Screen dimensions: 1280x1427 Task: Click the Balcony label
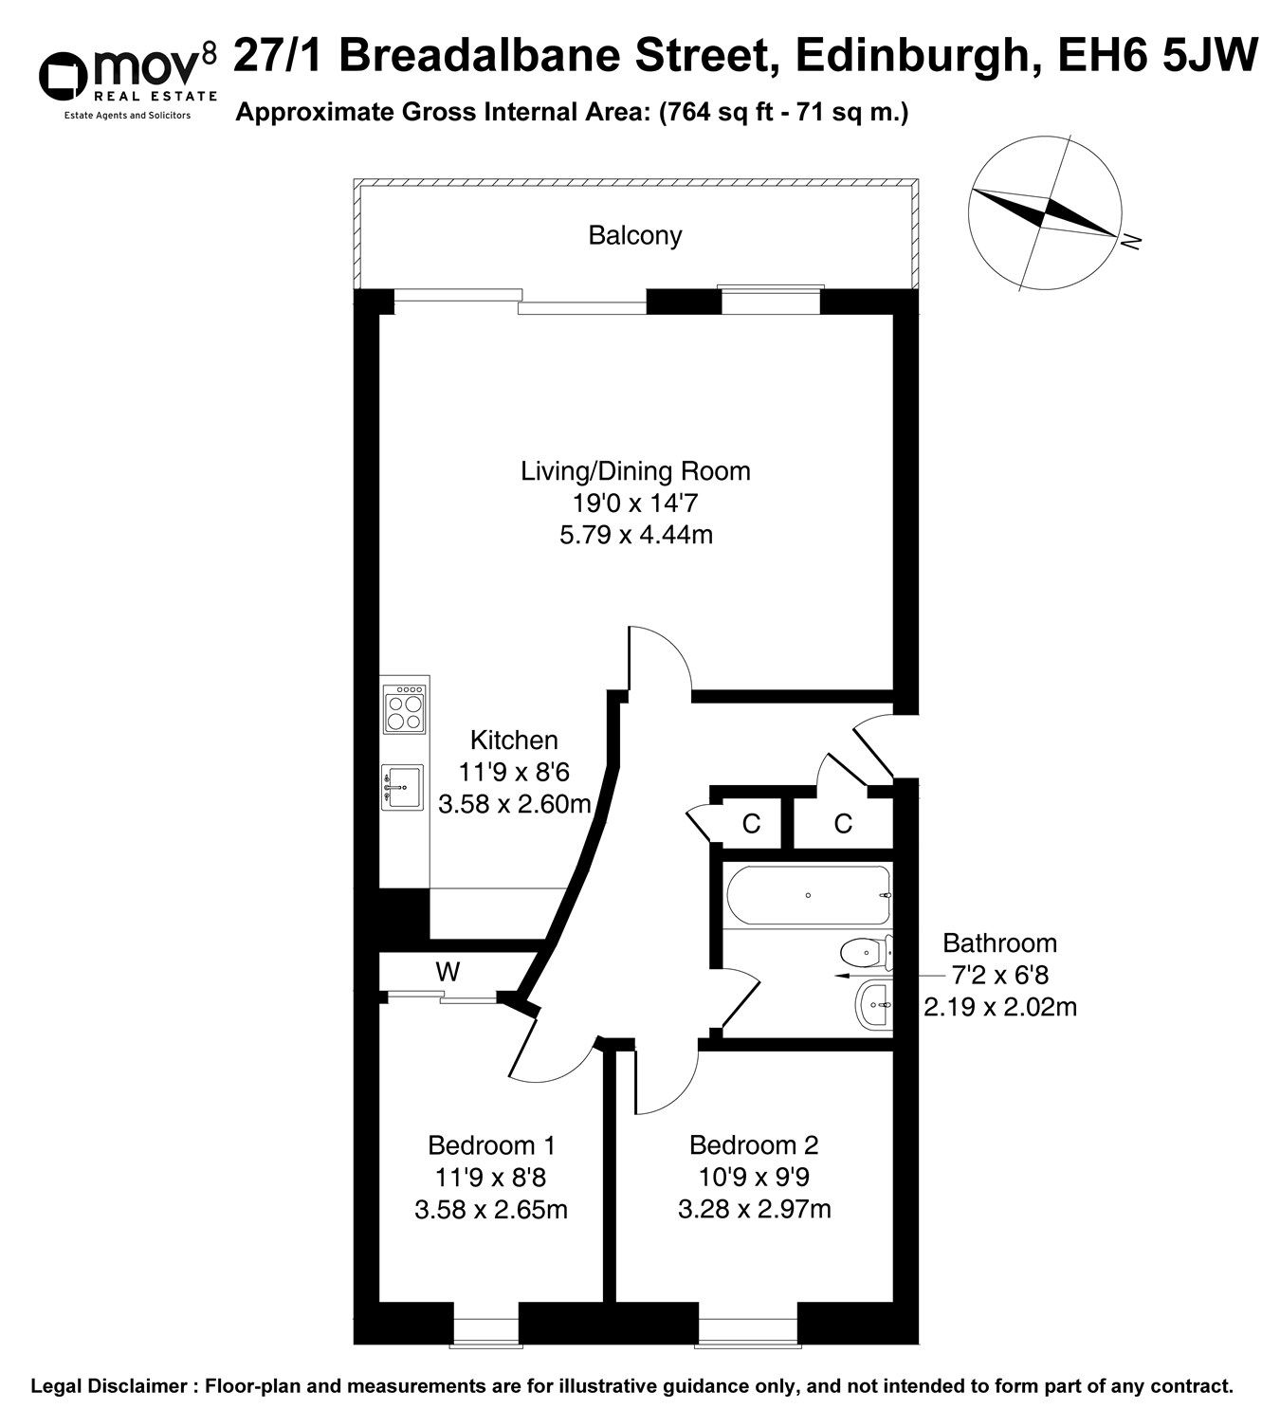(634, 236)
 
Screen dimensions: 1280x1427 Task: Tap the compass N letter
(1130, 242)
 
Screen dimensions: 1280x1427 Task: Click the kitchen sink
(402, 787)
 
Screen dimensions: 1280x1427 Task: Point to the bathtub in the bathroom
(809, 894)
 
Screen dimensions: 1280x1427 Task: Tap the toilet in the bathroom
(867, 953)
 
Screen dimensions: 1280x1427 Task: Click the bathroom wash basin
(873, 1005)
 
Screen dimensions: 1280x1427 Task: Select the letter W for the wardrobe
(448, 972)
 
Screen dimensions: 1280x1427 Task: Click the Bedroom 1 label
(491, 1145)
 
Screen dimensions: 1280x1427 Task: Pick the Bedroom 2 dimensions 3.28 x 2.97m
(755, 1209)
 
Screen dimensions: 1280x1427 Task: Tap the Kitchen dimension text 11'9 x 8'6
(514, 772)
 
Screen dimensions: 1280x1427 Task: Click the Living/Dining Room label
(635, 471)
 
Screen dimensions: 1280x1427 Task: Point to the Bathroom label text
(999, 943)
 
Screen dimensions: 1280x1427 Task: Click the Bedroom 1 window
(486, 1324)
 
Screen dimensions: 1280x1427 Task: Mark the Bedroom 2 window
(747, 1324)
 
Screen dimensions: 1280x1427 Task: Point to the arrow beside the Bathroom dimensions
(863, 977)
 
